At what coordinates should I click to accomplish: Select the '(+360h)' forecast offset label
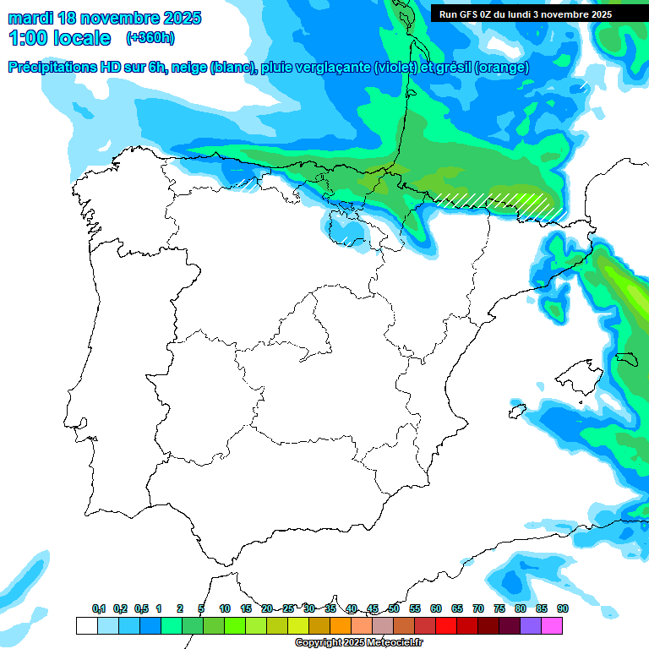click(150, 38)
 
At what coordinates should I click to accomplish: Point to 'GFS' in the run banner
click(472, 14)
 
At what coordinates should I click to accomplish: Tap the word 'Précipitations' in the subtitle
click(52, 68)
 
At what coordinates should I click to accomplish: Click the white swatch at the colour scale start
click(86, 626)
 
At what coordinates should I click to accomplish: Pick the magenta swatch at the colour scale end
click(552, 626)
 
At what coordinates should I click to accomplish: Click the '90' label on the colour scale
click(562, 608)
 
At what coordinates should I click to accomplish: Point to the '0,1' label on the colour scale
click(98, 608)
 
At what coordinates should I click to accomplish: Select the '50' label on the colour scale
click(394, 608)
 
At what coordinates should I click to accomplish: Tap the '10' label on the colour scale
click(225, 608)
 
